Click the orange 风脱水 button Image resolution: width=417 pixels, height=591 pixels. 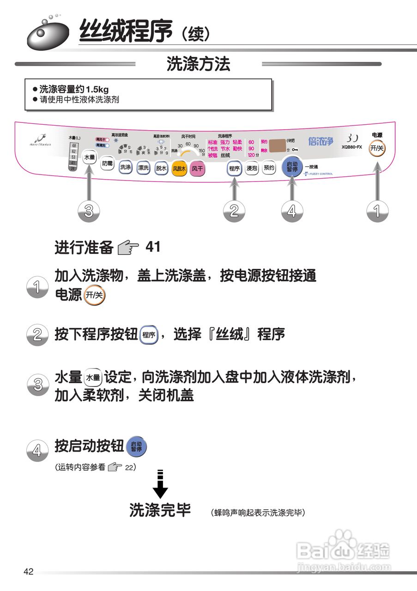click(179, 169)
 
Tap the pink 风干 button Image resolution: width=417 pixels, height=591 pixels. click(197, 169)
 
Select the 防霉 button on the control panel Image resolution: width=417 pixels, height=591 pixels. click(107, 163)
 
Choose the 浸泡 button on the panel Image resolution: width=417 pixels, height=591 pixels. click(252, 169)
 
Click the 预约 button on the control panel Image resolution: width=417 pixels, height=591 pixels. click(269, 169)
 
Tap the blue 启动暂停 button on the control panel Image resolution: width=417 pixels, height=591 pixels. click(292, 167)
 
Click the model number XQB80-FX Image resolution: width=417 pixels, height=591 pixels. click(352, 147)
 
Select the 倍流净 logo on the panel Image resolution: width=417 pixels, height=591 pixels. click(320, 141)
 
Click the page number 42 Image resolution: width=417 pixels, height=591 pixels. click(29, 572)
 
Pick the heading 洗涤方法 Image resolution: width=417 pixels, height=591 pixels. click(198, 64)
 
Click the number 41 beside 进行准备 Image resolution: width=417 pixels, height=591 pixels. click(153, 247)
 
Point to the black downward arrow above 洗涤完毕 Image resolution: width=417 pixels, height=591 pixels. click(160, 484)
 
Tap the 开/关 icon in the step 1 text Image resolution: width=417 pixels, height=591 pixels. click(95, 295)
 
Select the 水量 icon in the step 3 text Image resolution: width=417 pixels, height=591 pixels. click(93, 377)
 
